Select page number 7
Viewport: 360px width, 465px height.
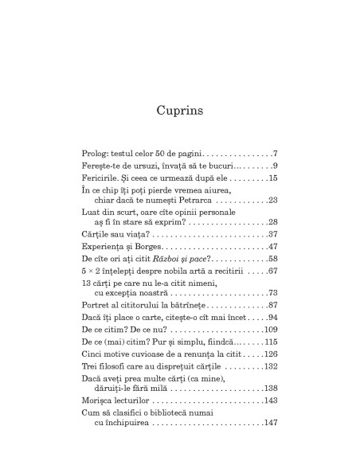[274, 152]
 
